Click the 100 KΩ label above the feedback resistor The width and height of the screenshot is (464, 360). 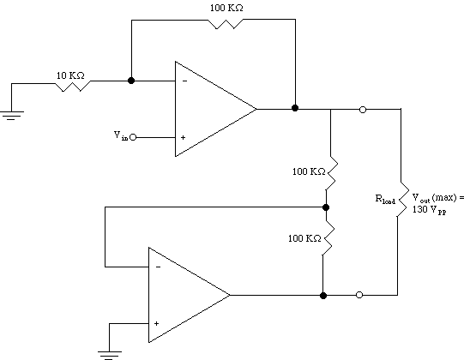point(226,8)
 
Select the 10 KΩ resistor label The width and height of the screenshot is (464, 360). point(70,75)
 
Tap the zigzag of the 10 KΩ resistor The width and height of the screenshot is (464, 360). point(73,86)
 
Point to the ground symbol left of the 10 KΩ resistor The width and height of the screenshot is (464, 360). point(11,116)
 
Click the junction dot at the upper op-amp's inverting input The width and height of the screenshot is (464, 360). point(131,81)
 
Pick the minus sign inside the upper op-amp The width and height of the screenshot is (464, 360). point(184,81)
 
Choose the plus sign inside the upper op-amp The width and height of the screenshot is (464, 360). point(184,137)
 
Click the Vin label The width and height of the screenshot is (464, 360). point(121,135)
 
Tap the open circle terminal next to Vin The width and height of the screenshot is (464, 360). point(133,137)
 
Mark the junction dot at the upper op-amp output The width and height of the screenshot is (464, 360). point(295,108)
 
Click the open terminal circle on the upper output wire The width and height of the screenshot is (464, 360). point(363,110)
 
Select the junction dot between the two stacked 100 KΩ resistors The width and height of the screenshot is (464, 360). point(326,207)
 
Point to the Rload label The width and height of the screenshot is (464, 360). point(385,199)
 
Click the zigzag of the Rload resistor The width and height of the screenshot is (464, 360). point(401,199)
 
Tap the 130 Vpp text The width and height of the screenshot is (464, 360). point(430,210)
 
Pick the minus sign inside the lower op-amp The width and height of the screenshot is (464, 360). point(159,267)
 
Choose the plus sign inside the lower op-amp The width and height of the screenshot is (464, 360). point(156,324)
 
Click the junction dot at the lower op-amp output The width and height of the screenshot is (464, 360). point(323,295)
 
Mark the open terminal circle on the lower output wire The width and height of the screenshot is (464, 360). point(359,295)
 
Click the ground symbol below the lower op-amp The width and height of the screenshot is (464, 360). point(110,356)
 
